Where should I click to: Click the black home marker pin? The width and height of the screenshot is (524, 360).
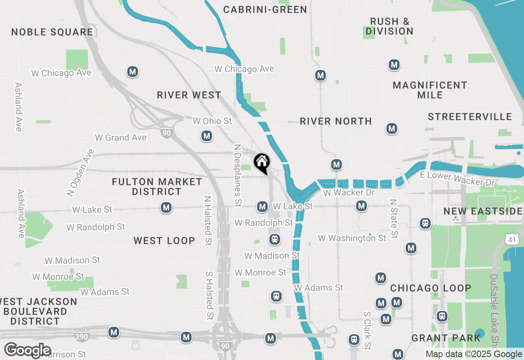pyautogui.click(x=262, y=163)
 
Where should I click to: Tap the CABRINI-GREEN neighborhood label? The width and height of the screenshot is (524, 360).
pyautogui.click(x=265, y=9)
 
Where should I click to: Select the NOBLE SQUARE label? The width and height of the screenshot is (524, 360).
pyautogui.click(x=52, y=32)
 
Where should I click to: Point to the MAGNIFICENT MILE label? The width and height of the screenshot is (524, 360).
pyautogui.click(x=430, y=90)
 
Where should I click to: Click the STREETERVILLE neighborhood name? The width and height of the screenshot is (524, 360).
pyautogui.click(x=470, y=117)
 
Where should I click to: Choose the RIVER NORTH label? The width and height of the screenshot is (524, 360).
pyautogui.click(x=336, y=121)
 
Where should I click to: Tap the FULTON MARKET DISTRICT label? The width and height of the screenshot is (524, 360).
pyautogui.click(x=157, y=187)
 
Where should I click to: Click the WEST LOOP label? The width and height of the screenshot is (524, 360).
pyautogui.click(x=164, y=241)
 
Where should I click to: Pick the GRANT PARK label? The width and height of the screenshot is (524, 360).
pyautogui.click(x=446, y=338)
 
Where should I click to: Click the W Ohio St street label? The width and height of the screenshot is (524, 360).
pyautogui.click(x=212, y=121)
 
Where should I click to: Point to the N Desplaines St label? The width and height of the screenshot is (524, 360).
pyautogui.click(x=237, y=175)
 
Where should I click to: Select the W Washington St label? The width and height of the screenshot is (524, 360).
pyautogui.click(x=352, y=238)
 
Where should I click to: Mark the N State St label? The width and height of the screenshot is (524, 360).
pyautogui.click(x=394, y=219)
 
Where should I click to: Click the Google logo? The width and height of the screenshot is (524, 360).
pyautogui.click(x=27, y=350)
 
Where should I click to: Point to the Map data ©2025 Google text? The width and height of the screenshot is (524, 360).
pyautogui.click(x=473, y=354)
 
